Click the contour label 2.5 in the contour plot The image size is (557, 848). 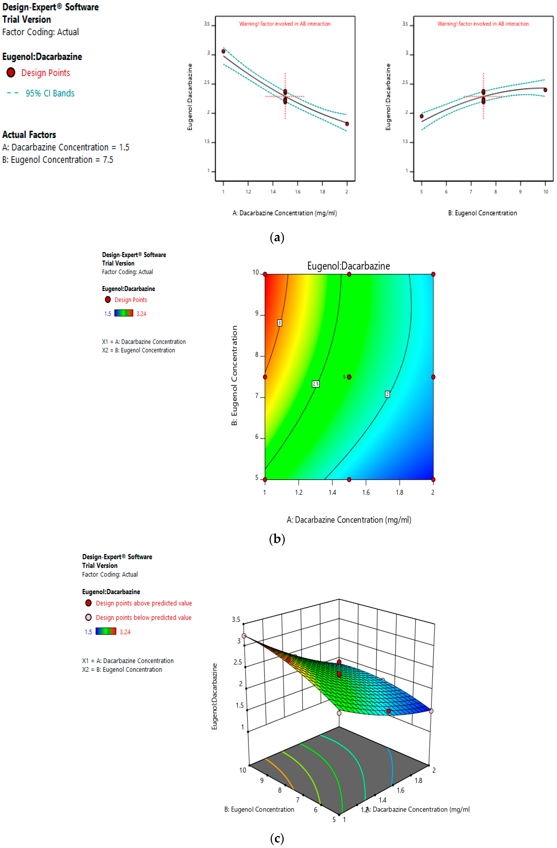pos(316,384)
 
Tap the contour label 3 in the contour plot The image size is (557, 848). pos(280,323)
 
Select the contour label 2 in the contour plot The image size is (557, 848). pos(387,394)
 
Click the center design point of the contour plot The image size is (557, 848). pos(349,377)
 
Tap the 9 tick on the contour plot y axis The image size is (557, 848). pos(257,314)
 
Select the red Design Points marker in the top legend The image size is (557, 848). pos(11,73)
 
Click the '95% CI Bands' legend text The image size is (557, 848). pos(50,93)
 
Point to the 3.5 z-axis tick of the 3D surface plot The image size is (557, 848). pos(236,619)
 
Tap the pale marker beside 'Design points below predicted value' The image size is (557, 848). pos(88,617)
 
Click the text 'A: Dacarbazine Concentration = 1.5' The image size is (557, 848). pos(66,147)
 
